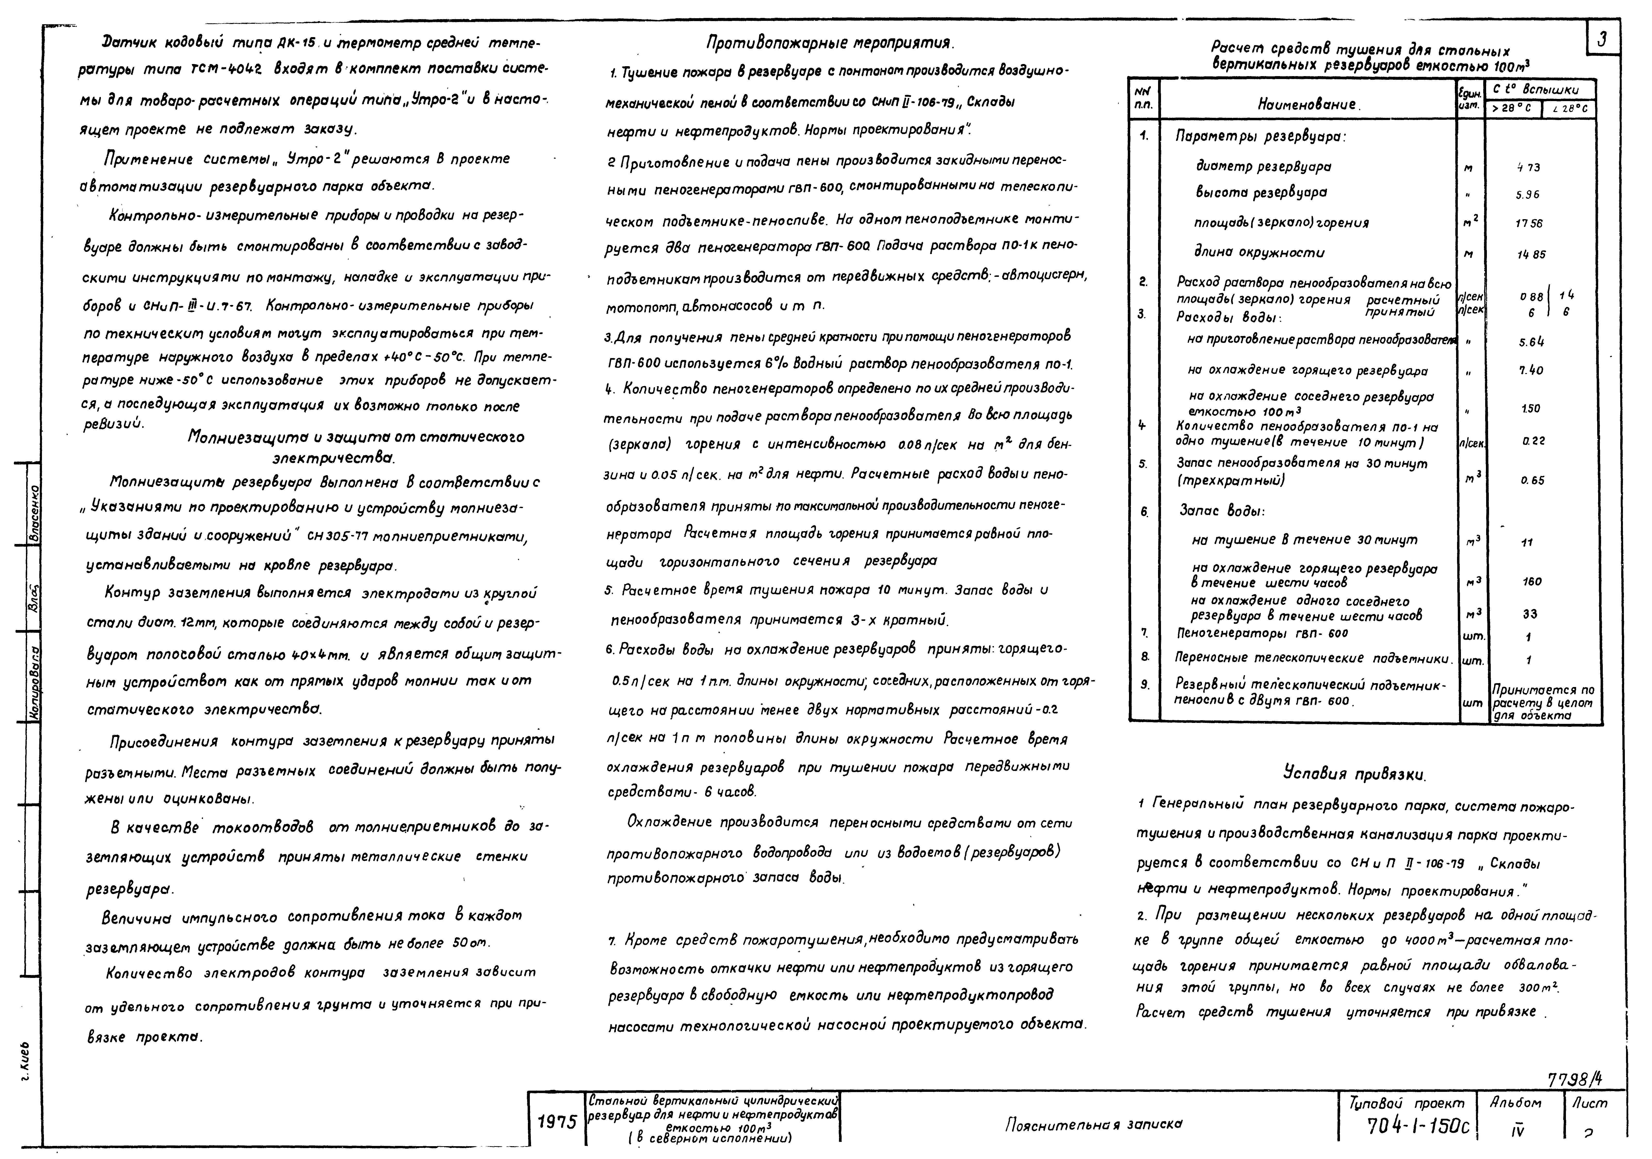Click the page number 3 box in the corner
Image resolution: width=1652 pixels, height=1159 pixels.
click(x=1602, y=40)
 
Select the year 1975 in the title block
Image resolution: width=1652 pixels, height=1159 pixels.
click(x=557, y=1122)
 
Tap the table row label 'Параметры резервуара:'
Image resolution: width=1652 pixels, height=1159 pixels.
click(x=1261, y=136)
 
